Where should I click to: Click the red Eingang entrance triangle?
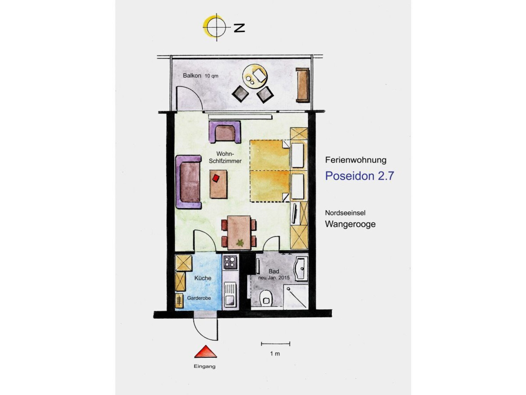click(205, 352)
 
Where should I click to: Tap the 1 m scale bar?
click(276, 344)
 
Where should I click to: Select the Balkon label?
click(192, 75)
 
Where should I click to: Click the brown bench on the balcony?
click(303, 85)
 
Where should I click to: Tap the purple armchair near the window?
click(225, 132)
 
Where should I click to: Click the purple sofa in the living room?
click(189, 182)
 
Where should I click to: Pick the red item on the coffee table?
click(216, 178)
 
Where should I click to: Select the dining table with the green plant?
click(239, 233)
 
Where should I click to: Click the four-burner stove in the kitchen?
click(230, 262)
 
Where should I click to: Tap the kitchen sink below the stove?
click(230, 295)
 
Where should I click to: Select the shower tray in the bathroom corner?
click(296, 297)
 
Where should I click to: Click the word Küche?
click(203, 278)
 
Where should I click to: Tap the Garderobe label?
click(199, 298)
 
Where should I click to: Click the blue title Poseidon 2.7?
click(359, 176)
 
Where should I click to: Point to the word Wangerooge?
click(350, 224)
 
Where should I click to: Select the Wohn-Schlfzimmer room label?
click(225, 157)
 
